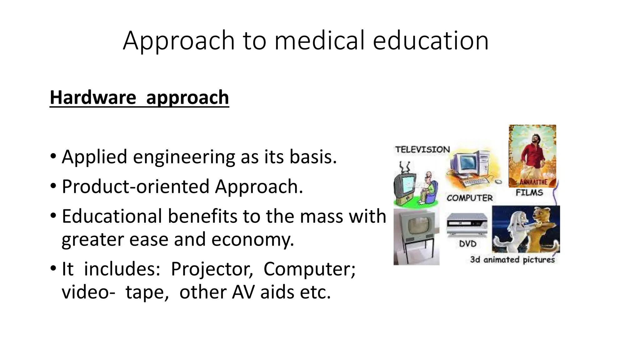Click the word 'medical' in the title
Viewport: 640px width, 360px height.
coord(319,41)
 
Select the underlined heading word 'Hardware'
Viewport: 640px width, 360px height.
coord(93,97)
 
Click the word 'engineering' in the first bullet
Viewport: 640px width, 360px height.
coord(184,157)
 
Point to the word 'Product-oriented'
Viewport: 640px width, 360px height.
coord(135,187)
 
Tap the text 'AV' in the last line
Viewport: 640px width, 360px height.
coord(243,292)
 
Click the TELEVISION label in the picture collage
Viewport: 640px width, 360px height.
coord(422,150)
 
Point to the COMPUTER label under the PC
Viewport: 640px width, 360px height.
coord(469,198)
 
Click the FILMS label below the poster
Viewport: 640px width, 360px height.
coord(529,193)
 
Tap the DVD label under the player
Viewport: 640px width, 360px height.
coord(467,244)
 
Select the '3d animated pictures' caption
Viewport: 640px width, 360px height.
coord(512,260)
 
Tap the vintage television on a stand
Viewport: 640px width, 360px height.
coord(416,236)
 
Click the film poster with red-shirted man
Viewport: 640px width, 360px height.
coord(532,156)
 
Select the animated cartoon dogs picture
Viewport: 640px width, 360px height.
coord(526,229)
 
